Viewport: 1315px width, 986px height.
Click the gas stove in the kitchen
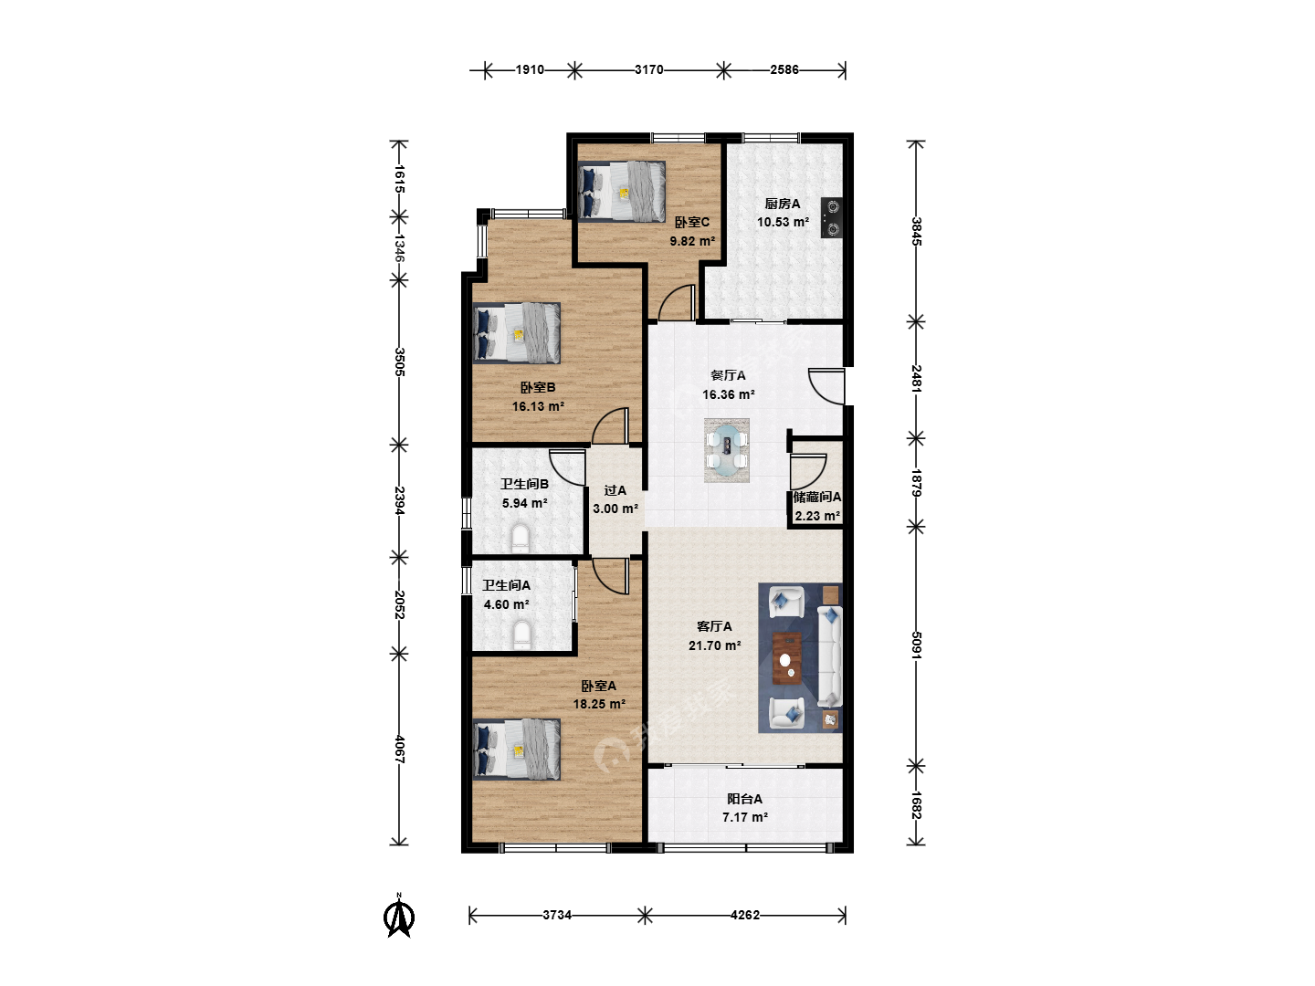click(832, 218)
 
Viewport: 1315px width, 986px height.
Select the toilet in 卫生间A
click(522, 635)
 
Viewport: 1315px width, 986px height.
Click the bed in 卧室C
click(622, 192)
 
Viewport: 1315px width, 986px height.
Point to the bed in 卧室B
click(517, 333)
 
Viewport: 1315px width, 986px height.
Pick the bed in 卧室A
click(517, 750)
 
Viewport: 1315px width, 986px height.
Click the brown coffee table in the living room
click(787, 658)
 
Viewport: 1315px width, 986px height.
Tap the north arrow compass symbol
click(399, 916)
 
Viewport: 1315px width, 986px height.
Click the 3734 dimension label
click(557, 915)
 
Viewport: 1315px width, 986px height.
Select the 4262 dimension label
click(744, 915)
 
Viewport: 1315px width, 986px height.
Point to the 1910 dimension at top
click(530, 69)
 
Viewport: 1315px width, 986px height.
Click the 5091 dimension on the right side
click(916, 645)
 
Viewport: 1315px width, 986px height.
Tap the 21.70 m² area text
click(715, 645)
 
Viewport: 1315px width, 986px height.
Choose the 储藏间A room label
click(817, 497)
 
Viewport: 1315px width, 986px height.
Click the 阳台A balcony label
click(744, 799)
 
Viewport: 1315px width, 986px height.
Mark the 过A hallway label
click(615, 490)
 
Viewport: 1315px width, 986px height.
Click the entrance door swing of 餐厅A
click(826, 387)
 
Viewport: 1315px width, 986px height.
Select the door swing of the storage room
click(808, 471)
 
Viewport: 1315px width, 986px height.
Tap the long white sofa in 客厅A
click(830, 656)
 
